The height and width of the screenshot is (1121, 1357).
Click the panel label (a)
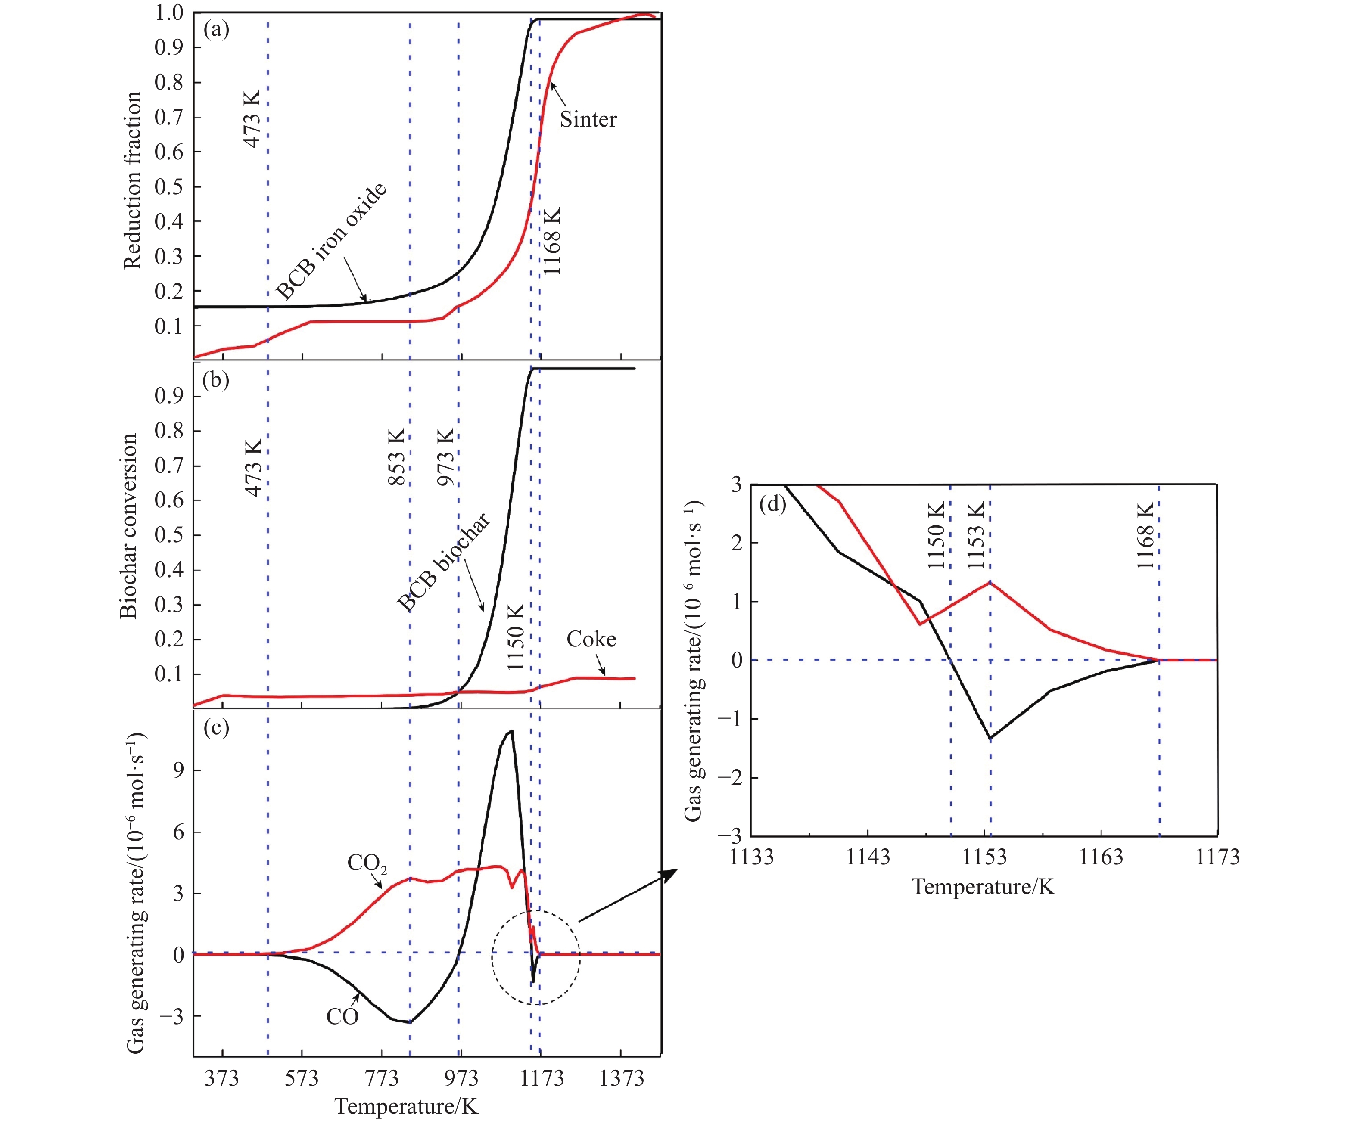click(216, 30)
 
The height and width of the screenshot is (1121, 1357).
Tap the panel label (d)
click(772, 503)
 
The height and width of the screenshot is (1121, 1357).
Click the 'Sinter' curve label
click(588, 119)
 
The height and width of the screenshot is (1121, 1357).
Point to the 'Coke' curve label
click(591, 639)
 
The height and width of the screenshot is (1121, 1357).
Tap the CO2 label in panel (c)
click(366, 863)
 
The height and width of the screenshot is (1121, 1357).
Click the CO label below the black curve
click(342, 1016)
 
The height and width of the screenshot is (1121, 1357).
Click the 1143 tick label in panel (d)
click(868, 857)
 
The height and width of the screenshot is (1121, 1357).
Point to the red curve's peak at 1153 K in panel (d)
click(990, 582)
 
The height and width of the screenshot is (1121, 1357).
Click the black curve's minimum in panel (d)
click(990, 738)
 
